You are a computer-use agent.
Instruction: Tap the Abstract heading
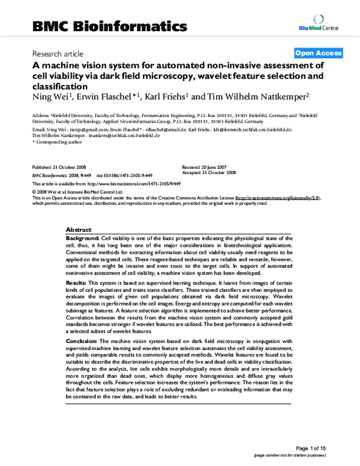click(78, 230)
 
